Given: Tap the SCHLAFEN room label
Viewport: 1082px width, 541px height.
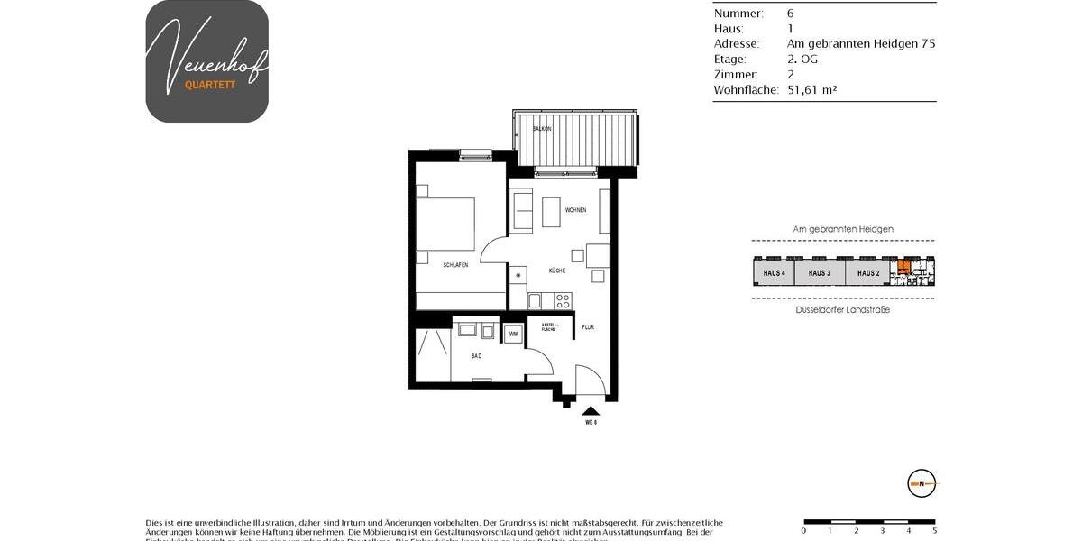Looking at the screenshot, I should pos(454,265).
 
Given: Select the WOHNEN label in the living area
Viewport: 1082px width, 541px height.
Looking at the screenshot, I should pos(575,210).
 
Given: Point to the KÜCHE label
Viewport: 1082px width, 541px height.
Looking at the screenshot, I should pos(556,270).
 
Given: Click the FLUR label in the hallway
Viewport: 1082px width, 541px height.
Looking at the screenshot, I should pos(588,327).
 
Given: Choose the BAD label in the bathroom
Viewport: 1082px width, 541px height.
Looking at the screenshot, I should pos(476,356).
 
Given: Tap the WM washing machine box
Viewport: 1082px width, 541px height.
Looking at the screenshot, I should pos(513,334).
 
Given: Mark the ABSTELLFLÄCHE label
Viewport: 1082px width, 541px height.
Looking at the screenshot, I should pos(549,326).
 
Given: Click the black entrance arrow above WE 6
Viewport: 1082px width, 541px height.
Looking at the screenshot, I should pos(591,410).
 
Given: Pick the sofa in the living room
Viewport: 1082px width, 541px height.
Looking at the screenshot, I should pos(521,210).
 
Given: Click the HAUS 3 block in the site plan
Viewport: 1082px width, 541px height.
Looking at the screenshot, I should pos(819,272).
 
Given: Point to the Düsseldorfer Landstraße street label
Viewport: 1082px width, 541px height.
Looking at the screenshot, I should pos(843,310).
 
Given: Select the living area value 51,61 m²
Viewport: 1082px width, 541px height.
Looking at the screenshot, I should pos(806,90).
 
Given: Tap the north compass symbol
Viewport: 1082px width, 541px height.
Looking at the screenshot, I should pos(922,483).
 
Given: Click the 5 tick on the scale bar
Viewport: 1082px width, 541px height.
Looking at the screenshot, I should pos(934,530).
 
